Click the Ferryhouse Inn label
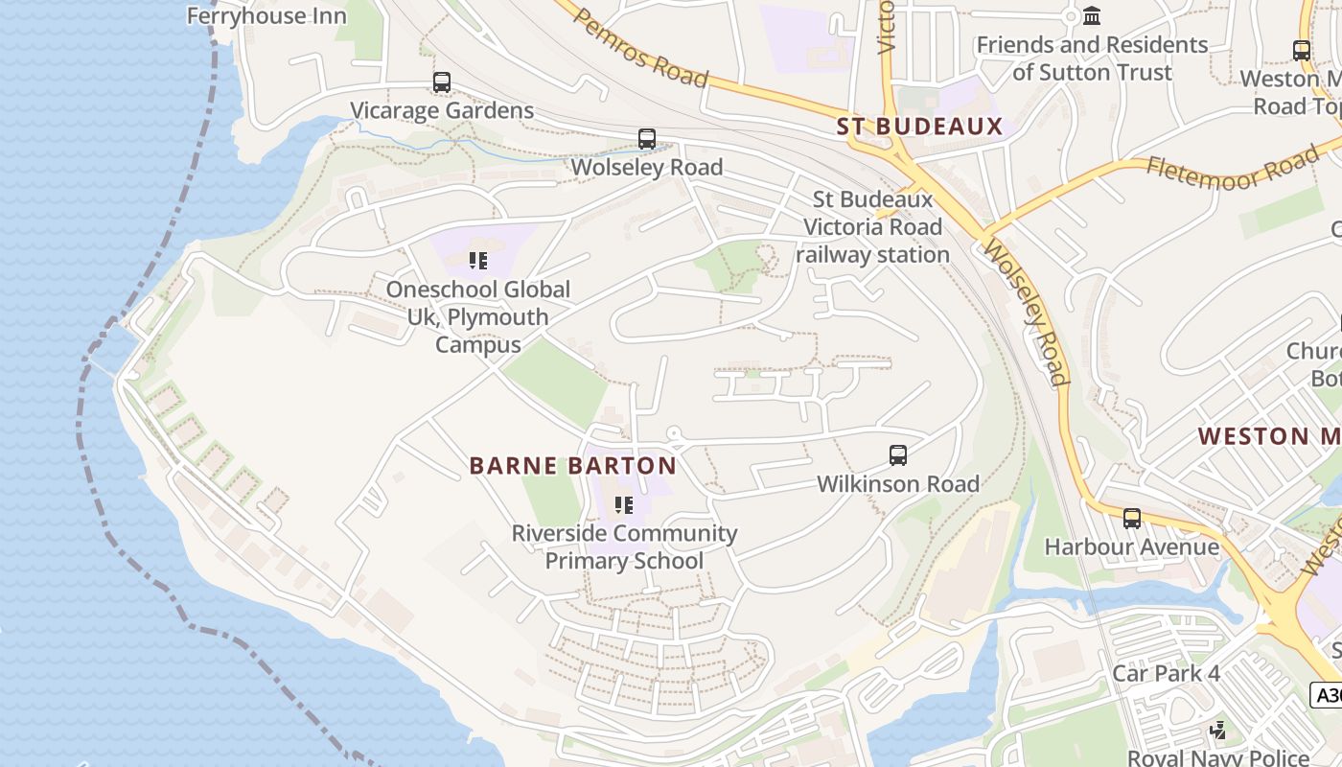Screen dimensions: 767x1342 tap(266, 15)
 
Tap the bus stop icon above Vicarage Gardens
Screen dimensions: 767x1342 tap(441, 82)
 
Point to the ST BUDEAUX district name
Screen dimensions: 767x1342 tap(919, 127)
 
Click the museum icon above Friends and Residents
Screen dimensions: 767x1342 tap(1092, 15)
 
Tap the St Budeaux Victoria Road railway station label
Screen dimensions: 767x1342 tap(872, 227)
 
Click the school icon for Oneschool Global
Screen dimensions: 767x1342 tap(478, 261)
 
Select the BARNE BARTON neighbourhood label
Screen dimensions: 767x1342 tap(572, 466)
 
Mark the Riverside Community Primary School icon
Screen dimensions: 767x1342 tap(624, 504)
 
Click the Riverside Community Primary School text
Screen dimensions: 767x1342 tap(624, 546)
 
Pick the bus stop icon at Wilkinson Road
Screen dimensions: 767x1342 tap(898, 455)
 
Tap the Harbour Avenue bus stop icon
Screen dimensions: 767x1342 tap(1132, 519)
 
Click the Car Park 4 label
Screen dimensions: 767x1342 tap(1166, 673)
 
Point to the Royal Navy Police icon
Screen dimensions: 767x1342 tap(1218, 731)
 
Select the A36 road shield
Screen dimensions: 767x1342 tap(1327, 695)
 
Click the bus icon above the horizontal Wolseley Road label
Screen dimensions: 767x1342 tap(647, 139)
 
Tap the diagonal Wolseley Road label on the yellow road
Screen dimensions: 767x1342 tap(1027, 314)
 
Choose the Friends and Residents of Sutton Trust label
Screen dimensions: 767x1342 tap(1092, 58)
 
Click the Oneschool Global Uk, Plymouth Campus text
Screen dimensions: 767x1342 tap(478, 316)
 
